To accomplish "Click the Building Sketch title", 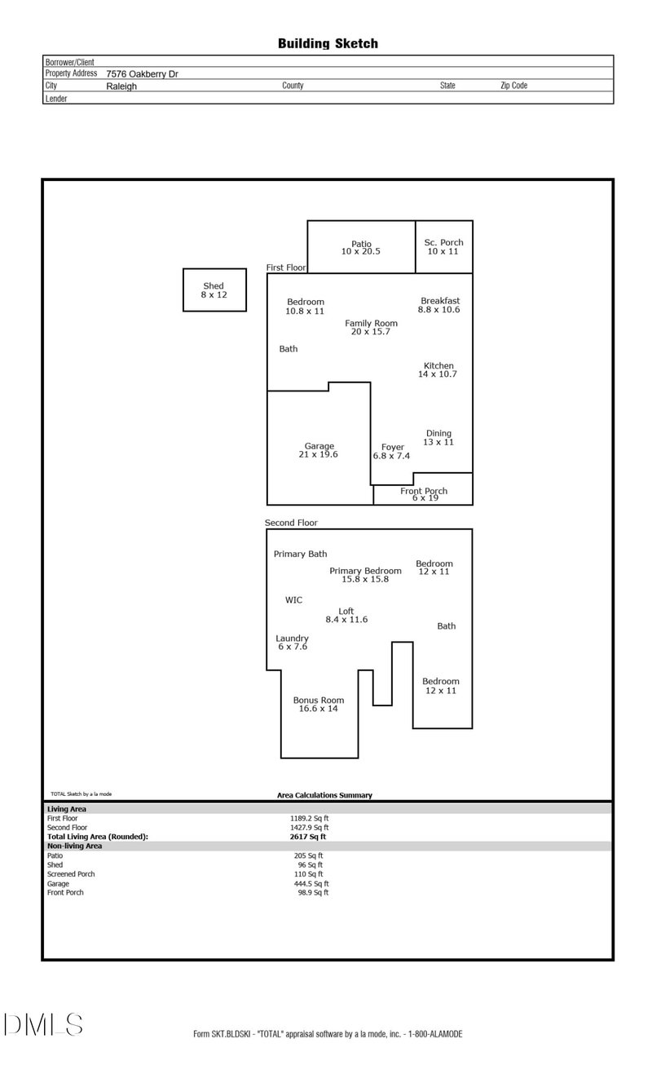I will click(x=328, y=44).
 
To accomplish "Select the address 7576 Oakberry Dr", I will click(x=142, y=73).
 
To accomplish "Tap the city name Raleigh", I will click(x=121, y=86).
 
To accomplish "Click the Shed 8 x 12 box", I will click(x=214, y=290).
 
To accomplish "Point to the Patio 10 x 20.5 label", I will click(x=361, y=247).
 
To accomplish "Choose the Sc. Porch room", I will click(x=443, y=246).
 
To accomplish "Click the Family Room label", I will click(x=371, y=327).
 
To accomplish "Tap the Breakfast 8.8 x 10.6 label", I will click(x=440, y=305).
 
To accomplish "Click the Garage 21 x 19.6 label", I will click(x=319, y=450).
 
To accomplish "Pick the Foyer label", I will click(x=392, y=451).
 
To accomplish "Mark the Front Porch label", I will click(x=424, y=493).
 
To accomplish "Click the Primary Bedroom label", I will click(x=365, y=575).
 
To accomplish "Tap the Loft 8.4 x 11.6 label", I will click(x=346, y=615).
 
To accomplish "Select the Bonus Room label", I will click(x=319, y=704).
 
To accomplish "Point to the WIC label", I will click(x=293, y=600).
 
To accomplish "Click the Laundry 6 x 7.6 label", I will click(x=292, y=642).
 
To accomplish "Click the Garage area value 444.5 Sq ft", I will click(x=310, y=883).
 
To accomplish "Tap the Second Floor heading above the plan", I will click(x=291, y=523).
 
